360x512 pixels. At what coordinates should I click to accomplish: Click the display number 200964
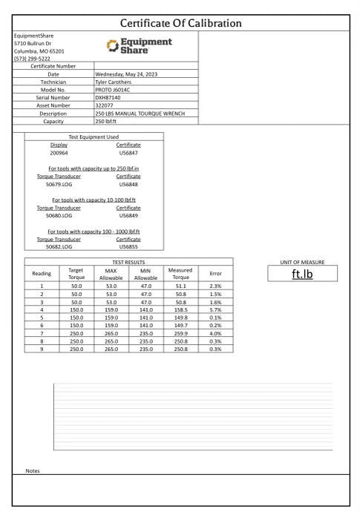[x=59, y=152]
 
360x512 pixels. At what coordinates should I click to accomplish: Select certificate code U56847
[x=128, y=152]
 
